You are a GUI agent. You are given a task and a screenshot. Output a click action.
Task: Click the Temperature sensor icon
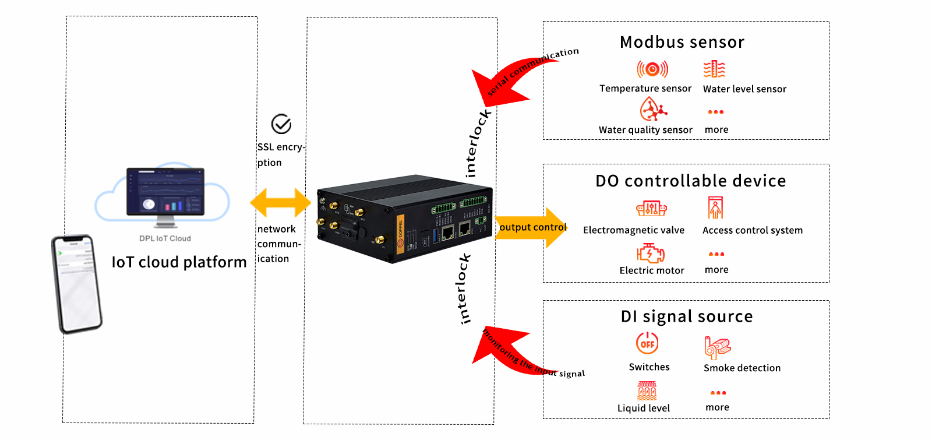652,69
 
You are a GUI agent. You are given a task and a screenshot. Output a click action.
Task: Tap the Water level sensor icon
714,69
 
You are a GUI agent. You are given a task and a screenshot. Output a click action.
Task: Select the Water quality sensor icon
653,109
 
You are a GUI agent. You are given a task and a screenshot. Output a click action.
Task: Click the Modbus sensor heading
682,42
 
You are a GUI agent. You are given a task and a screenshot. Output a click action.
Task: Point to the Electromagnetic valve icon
651,208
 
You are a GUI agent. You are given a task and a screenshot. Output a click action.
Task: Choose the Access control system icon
715,208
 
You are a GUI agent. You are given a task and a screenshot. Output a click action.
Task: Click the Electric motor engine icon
651,253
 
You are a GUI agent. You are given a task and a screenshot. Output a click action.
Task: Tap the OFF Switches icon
647,343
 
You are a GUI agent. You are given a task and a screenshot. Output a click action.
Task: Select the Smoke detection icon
717,347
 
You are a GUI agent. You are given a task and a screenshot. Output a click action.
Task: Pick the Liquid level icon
647,390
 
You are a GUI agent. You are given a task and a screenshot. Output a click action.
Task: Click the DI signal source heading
687,316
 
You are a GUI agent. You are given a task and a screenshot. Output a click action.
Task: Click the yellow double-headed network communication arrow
280,203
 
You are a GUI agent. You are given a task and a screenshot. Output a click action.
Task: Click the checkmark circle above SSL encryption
281,124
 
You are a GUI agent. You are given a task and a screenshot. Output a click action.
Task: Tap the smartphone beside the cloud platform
77,284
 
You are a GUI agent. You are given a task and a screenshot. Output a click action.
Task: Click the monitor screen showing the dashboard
165,192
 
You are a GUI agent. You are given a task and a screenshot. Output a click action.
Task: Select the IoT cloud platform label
179,262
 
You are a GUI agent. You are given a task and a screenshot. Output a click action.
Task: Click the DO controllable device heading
690,181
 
